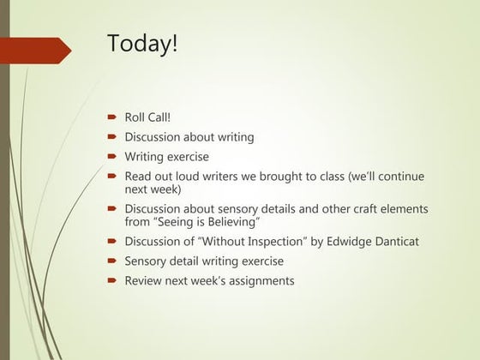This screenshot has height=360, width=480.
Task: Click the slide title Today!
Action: [142, 43]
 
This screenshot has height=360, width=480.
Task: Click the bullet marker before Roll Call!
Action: [112, 117]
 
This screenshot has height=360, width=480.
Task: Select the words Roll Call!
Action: [148, 117]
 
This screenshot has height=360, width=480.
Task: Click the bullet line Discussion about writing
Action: [189, 137]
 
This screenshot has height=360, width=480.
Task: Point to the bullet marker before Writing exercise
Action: [112, 158]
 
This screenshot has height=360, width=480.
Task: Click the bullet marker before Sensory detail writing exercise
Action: [112, 261]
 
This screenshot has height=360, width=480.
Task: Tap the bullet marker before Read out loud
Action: [112, 177]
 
